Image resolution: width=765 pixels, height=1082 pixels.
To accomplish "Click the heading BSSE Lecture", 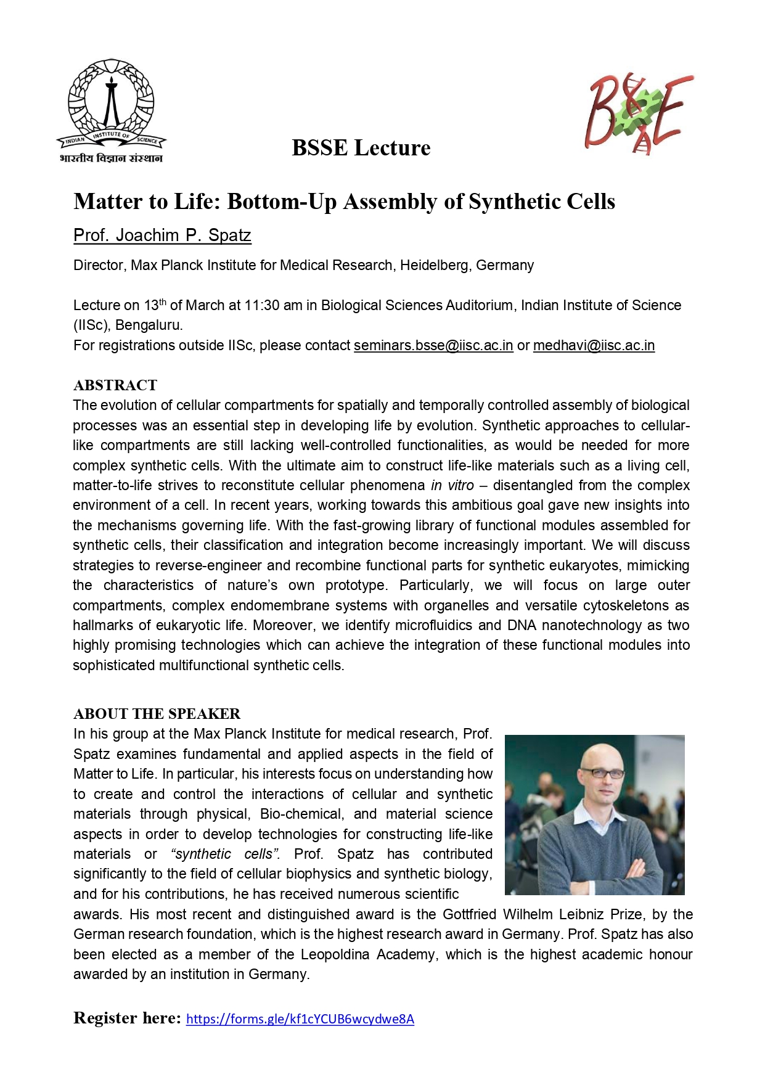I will [361, 148].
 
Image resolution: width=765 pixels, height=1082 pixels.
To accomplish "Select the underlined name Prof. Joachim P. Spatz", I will [162, 236].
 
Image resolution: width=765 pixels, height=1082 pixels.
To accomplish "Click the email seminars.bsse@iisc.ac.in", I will [433, 345].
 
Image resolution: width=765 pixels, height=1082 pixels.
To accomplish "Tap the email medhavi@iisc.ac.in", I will [594, 345].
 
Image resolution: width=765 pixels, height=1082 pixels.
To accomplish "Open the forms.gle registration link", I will [300, 1019].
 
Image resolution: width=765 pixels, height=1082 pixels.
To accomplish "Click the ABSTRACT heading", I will [115, 385].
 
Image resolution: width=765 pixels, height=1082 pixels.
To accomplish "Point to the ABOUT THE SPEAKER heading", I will [157, 714].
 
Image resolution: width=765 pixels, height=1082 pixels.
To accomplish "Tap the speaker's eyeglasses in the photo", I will [600, 773].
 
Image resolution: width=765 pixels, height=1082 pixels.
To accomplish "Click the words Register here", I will [127, 1018].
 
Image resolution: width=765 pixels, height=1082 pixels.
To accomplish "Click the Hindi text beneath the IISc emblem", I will [111, 158].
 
